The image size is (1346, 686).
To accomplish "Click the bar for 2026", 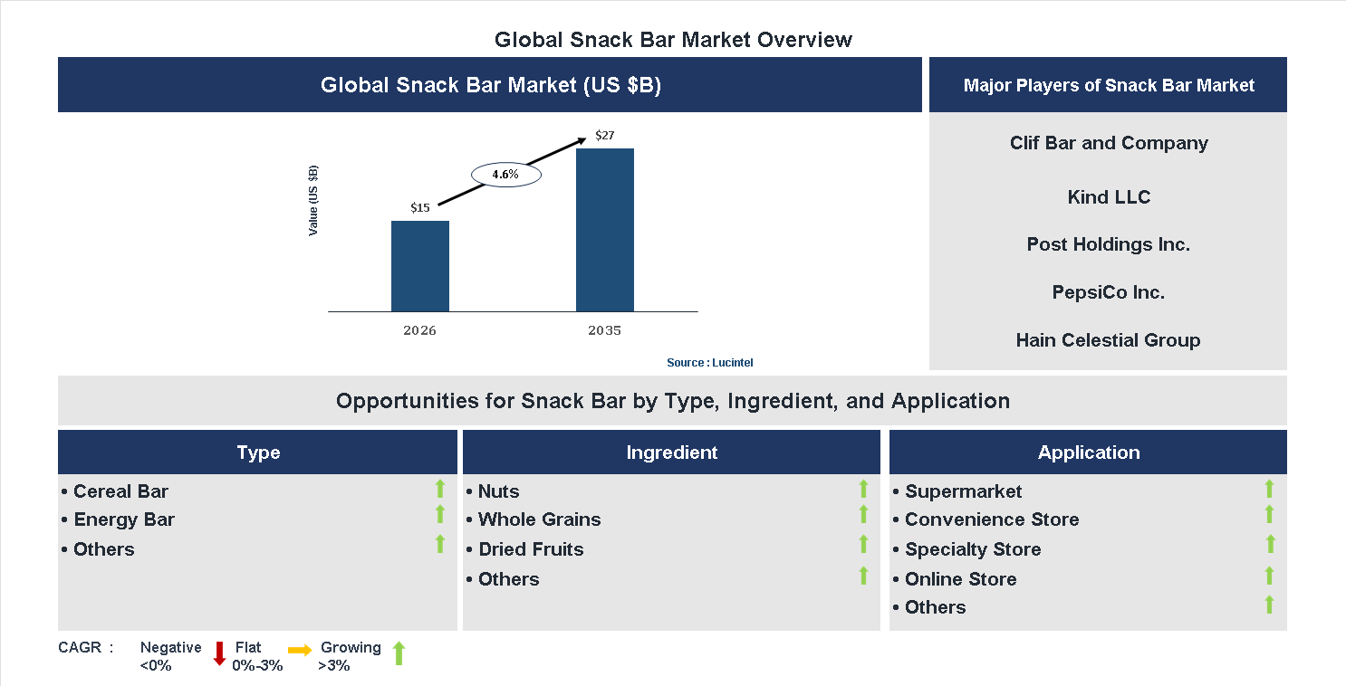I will click(419, 266).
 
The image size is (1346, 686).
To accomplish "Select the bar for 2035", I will click(604, 230).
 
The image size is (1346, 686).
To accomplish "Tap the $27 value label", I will click(604, 136).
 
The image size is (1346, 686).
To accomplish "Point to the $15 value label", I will click(419, 207).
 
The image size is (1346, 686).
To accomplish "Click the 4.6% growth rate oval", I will click(505, 175).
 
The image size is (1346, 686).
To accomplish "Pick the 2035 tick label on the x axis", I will click(604, 330).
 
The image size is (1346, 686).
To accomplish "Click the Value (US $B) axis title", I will click(313, 201).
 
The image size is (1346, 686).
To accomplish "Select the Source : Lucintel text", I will click(709, 362).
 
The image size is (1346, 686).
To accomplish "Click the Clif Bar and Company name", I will click(1109, 143).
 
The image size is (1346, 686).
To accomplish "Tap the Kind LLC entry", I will click(1109, 197).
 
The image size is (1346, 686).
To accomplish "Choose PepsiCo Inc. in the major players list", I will click(1109, 292).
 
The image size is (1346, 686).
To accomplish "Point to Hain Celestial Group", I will click(1109, 340).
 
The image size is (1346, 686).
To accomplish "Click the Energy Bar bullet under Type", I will click(123, 519).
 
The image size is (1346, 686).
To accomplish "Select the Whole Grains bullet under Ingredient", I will click(539, 519).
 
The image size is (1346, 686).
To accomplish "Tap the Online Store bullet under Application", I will click(960, 579).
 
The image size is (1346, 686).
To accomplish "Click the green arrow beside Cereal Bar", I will click(440, 489).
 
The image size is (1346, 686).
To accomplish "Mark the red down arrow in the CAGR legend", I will click(219, 653).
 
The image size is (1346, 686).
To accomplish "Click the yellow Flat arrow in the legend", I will click(300, 650).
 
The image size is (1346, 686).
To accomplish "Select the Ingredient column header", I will click(671, 453).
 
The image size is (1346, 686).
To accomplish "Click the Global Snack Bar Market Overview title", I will click(673, 40).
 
